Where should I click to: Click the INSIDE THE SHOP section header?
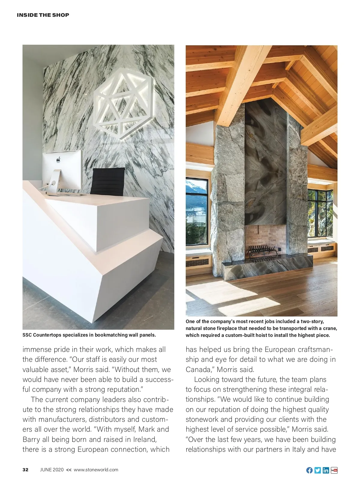pos(43,15)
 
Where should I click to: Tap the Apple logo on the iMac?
pos(58,160)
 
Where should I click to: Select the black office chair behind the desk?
pos(107,181)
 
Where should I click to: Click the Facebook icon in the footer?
pos(309,470)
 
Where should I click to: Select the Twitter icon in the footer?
pos(317,470)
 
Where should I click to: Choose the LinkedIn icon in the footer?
pos(326,470)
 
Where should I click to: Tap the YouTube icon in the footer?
pos(334,470)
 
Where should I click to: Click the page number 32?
pos(25,470)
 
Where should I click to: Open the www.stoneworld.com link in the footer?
pos(96,470)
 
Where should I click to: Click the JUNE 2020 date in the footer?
pos(52,470)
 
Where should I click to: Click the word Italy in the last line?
pos(299,449)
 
